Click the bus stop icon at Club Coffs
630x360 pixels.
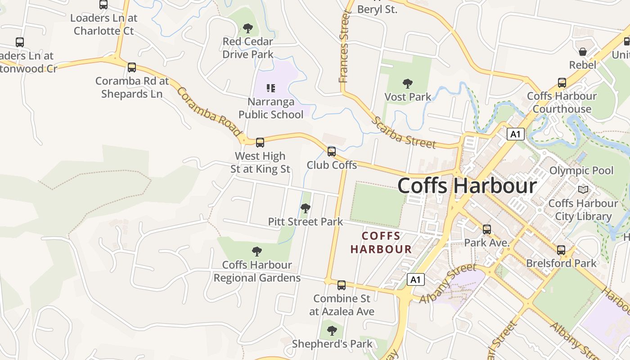pos(332,152)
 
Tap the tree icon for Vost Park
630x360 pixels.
pos(408,84)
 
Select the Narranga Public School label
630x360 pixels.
pos(270,108)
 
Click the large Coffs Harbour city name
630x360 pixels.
pos(467,185)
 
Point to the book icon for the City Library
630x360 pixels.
pos(583,190)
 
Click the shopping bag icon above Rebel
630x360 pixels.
pos(583,52)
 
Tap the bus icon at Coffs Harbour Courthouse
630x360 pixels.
pos(562,83)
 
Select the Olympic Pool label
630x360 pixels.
pos(581,171)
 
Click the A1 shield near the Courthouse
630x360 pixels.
pos(516,134)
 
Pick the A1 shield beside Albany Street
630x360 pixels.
pos(416,280)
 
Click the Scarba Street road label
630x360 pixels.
pos(404,133)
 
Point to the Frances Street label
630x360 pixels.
pos(344,48)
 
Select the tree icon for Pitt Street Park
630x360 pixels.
pos(306,208)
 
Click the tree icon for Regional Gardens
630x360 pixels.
pos(257,252)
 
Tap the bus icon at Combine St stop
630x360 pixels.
pos(342,285)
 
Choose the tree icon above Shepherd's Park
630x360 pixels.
pos(332,331)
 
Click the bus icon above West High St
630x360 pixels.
pos(260,143)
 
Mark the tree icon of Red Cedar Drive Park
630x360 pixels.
pos(248,28)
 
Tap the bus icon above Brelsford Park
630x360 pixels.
pos(561,250)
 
